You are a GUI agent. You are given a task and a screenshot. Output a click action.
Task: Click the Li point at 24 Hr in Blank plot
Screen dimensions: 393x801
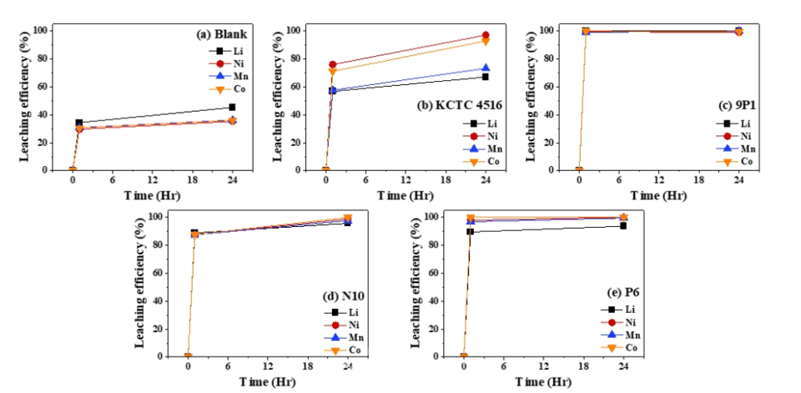pyautogui.click(x=232, y=107)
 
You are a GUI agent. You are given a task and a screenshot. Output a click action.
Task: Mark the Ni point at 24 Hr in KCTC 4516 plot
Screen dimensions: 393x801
pyautogui.click(x=486, y=35)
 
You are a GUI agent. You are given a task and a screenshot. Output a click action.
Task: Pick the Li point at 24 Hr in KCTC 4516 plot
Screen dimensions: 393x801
pyautogui.click(x=486, y=77)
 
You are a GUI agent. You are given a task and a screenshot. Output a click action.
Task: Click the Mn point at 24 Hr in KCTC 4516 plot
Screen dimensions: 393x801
pyautogui.click(x=486, y=68)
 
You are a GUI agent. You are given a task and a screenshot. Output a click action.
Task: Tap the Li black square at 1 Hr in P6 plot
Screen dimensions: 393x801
pyautogui.click(x=471, y=231)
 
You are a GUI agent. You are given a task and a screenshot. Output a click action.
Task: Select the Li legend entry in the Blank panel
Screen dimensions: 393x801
pyautogui.click(x=229, y=51)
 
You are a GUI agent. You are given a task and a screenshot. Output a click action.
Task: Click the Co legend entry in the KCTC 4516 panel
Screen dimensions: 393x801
pyautogui.click(x=482, y=160)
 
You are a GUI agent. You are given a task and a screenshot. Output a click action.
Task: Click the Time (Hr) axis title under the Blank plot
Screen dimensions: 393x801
pyautogui.click(x=151, y=195)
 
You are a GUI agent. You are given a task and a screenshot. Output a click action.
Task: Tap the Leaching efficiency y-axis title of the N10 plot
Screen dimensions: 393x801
pyautogui.click(x=141, y=285)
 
